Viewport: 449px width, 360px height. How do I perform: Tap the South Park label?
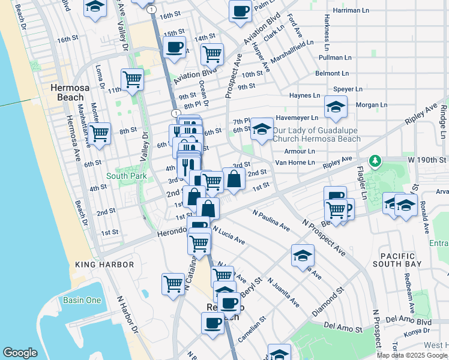[126, 176]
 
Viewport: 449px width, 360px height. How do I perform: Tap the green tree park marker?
[375, 161]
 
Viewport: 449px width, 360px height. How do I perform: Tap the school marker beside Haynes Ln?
[335, 107]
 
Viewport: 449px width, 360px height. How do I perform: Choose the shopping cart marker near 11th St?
[132, 79]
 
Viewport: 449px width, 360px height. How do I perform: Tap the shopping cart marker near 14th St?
[212, 54]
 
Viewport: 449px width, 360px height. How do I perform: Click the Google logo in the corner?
[20, 353]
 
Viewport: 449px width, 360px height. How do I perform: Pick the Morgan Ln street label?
[372, 104]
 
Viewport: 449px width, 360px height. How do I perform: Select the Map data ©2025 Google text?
[412, 355]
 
